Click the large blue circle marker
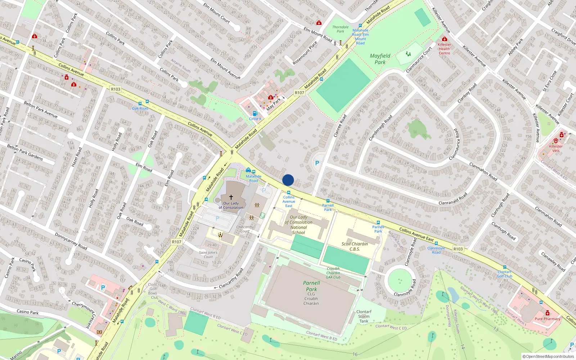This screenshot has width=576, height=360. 288,180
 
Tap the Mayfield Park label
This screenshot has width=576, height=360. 380,59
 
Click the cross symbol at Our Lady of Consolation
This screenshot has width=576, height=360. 231,197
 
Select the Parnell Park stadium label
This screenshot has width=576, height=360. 311,286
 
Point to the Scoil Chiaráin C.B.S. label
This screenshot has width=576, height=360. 355,246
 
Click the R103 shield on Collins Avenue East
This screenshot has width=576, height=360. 458,249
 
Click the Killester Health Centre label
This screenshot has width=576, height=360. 444,49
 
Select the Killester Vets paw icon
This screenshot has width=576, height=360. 556,141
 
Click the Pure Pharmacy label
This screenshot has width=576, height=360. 547,319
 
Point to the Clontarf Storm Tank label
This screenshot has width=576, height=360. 364,316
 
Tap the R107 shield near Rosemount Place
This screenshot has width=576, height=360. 299,93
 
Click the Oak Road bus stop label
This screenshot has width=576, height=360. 140,108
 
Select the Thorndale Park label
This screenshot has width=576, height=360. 340,29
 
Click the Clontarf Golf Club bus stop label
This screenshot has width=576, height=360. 504,274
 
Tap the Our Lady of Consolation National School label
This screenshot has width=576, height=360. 298,225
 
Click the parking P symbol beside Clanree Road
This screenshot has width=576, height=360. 317,163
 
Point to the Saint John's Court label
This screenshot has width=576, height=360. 208,255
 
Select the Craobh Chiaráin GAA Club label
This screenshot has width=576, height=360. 333,273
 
